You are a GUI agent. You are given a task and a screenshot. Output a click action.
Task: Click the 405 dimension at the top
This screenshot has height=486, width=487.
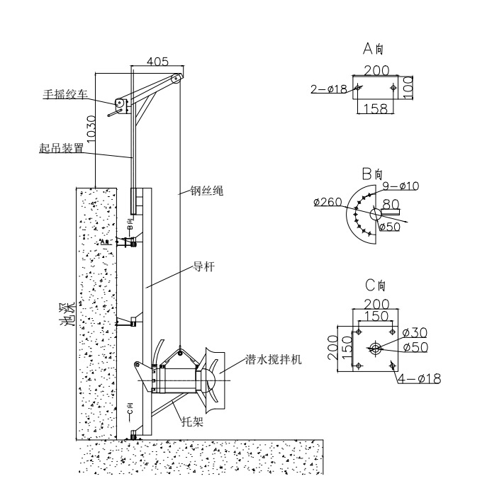click(157, 62)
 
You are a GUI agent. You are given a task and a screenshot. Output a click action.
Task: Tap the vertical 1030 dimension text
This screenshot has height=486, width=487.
click(84, 125)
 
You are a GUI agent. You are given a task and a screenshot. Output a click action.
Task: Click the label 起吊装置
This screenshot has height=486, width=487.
click(62, 149)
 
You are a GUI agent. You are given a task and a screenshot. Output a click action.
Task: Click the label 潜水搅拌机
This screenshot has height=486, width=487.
click(274, 360)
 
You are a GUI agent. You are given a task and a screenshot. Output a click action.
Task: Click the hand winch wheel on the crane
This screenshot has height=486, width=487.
click(120, 106)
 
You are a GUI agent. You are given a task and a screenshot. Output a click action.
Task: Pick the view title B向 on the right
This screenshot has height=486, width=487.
click(374, 173)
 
